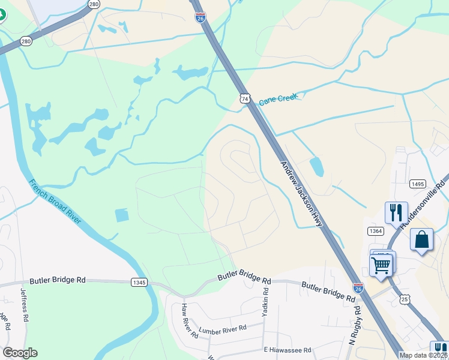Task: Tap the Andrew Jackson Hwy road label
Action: pos(302,194)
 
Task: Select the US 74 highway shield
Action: pos(244,98)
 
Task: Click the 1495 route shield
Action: pos(418,184)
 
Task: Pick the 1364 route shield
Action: pos(376,231)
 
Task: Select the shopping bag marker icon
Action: pos(422,240)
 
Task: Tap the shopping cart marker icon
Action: pos(382,263)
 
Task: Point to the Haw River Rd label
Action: pos(190,320)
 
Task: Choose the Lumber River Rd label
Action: pos(223,329)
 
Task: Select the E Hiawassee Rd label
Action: pos(287,350)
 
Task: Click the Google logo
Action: pos(20,353)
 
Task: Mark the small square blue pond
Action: pos(121,215)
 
